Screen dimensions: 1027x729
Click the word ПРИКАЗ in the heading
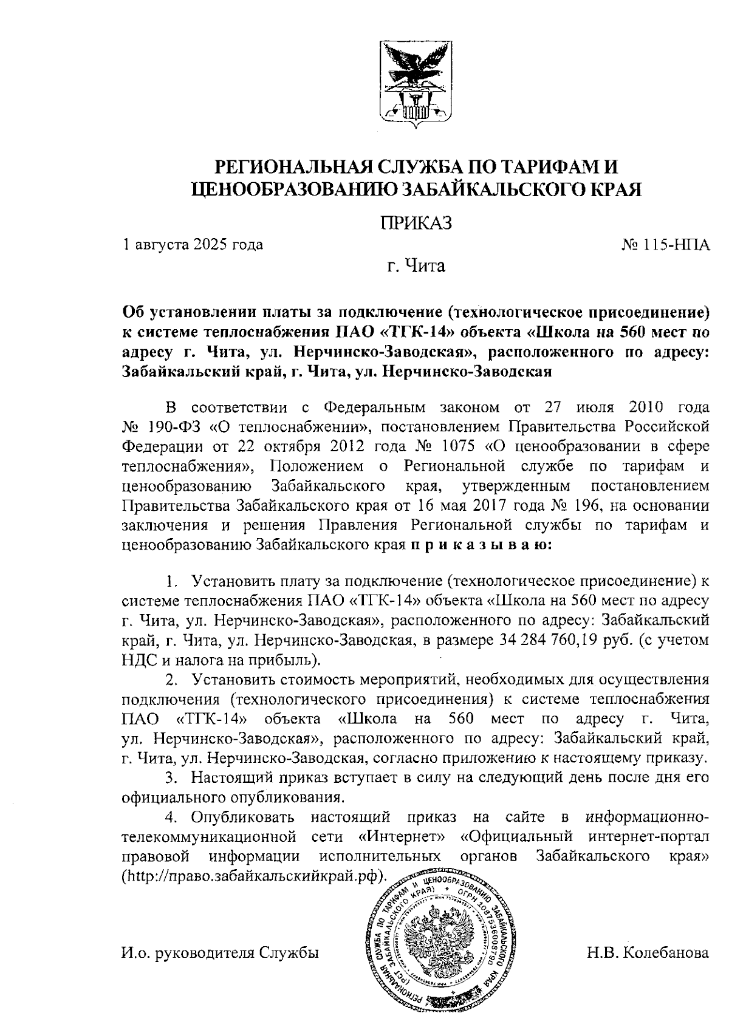coord(417,223)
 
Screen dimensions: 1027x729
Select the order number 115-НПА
coord(676,245)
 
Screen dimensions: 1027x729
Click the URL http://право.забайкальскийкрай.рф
coord(254,876)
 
